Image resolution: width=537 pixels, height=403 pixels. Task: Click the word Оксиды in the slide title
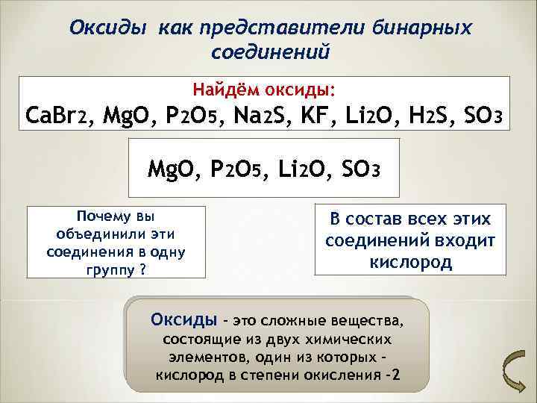[109, 28]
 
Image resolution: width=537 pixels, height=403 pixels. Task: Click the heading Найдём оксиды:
[266, 90]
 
